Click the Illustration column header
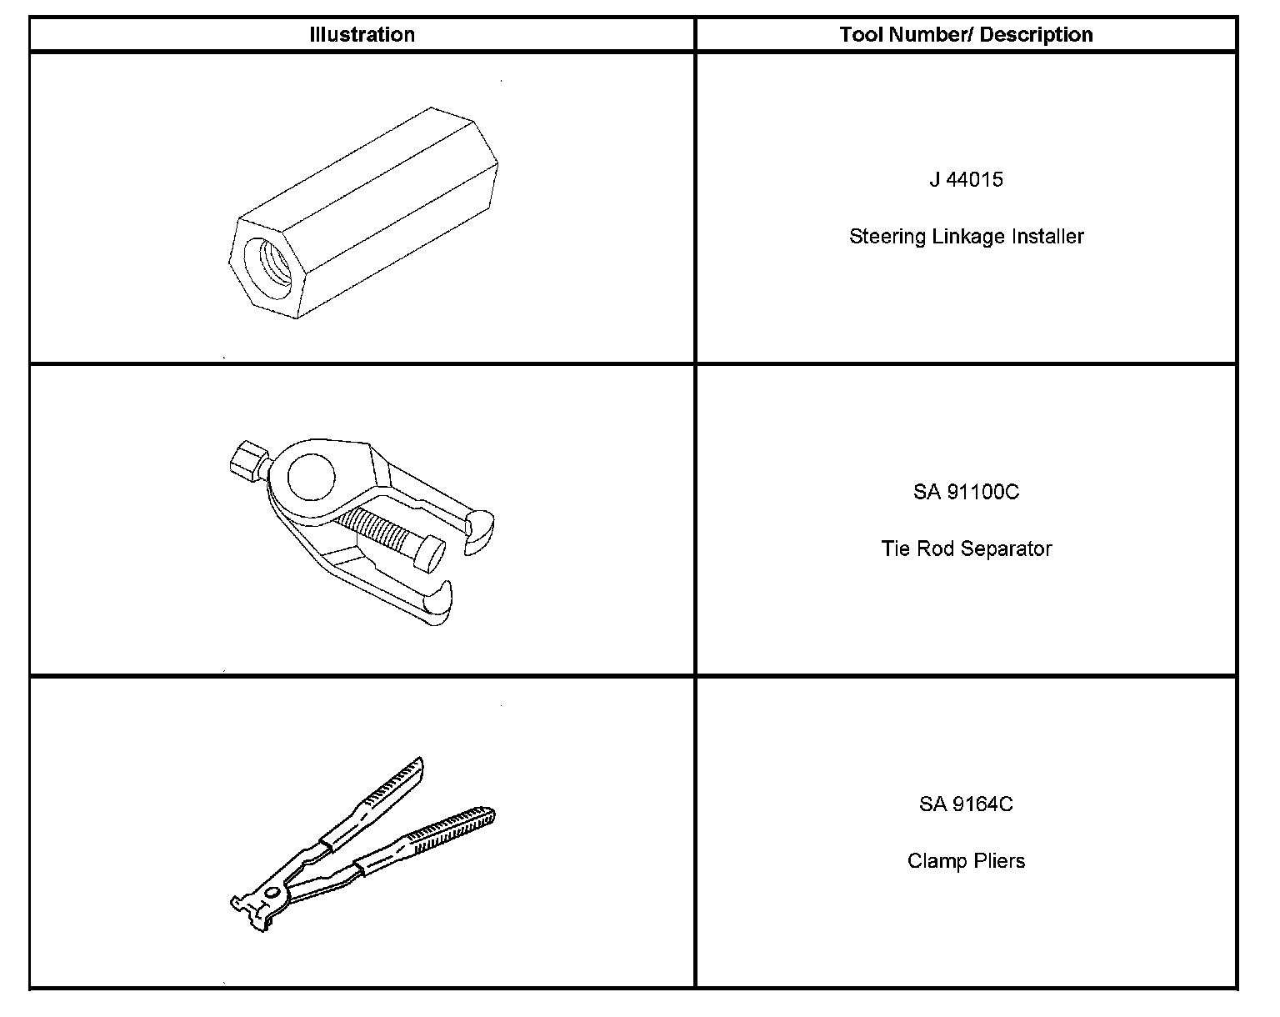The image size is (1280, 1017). point(362,35)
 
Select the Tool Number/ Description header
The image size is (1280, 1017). point(966,35)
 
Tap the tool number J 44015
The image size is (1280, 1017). point(966,179)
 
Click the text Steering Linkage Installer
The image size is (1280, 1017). point(966,237)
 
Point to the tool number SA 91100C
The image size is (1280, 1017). point(966,492)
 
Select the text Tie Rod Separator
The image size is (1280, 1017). point(966,549)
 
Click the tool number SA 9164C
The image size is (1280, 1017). point(966,804)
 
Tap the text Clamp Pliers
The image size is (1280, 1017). point(966,861)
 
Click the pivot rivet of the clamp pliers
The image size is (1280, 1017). point(272,892)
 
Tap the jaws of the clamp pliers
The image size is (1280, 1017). point(250,909)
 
